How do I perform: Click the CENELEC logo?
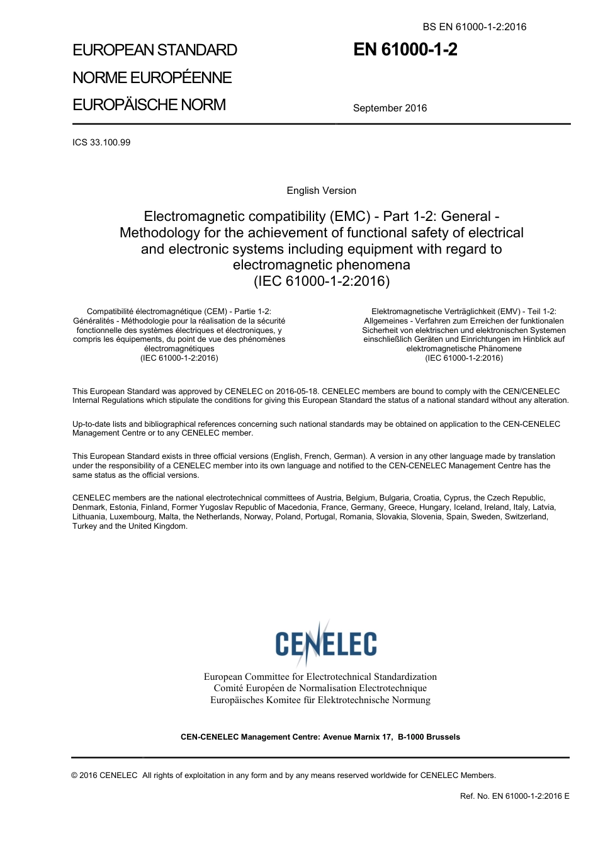click(x=325, y=643)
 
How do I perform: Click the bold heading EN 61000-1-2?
click(x=405, y=50)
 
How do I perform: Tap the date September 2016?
click(x=390, y=108)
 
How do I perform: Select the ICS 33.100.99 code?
click(x=101, y=142)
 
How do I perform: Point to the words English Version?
click(x=321, y=191)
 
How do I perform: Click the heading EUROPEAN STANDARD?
click(x=155, y=50)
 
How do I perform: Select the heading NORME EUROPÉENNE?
click(x=152, y=77)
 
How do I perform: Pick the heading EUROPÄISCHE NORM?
click(x=149, y=104)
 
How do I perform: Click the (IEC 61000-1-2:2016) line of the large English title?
click(x=322, y=281)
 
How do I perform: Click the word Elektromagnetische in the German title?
click(x=406, y=311)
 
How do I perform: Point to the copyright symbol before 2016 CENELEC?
click(x=75, y=775)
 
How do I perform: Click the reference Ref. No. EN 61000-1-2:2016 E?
click(x=514, y=796)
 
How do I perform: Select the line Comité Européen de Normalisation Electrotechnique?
click(x=320, y=688)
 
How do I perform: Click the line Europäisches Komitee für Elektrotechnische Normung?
click(x=320, y=700)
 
